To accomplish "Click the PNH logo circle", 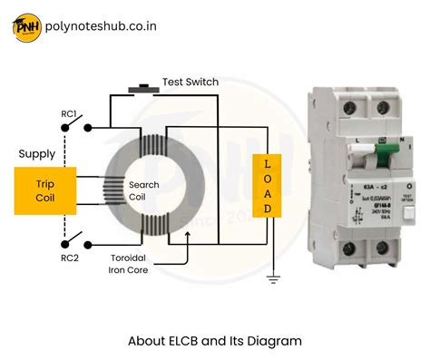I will [25, 27].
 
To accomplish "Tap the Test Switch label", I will [190, 82].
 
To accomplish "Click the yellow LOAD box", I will [267, 185].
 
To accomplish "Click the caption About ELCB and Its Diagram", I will [214, 341].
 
